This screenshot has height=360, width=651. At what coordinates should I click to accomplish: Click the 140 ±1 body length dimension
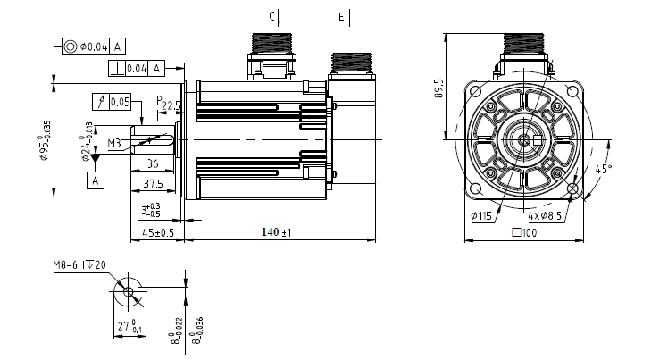(x=278, y=232)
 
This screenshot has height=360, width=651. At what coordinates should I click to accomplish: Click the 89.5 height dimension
(x=438, y=88)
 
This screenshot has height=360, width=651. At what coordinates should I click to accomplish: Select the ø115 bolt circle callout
(x=483, y=214)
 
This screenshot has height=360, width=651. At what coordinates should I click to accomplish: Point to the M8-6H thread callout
(x=79, y=265)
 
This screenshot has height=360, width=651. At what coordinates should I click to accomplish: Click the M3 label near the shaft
(x=115, y=143)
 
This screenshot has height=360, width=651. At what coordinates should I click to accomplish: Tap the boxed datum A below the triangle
(x=94, y=180)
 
